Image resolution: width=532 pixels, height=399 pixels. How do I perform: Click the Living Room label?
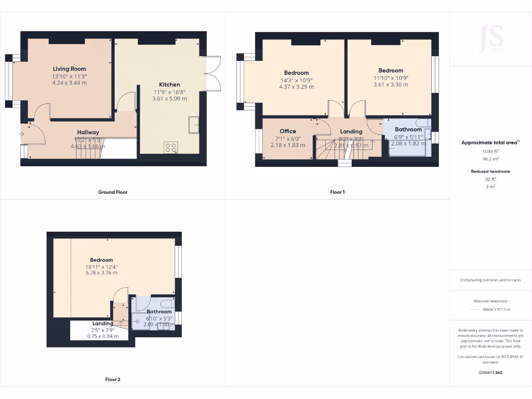point(69,69)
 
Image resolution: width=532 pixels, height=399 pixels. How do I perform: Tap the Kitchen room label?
point(169,84)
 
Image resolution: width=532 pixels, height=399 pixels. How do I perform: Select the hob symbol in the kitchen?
point(170,148)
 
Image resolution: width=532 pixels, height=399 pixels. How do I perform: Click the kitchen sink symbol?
point(194,125)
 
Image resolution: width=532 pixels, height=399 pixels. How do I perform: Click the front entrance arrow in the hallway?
point(21,134)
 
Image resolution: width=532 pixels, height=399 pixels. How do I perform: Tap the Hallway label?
point(88,132)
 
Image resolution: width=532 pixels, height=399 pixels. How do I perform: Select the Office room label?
point(288,131)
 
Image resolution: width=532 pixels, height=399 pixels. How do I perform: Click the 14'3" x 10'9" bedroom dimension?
point(296,80)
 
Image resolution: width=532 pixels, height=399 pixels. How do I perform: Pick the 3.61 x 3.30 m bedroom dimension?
point(391,85)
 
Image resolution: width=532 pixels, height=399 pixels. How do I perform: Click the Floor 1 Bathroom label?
point(408,129)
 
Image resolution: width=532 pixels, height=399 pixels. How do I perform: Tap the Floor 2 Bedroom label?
point(101,260)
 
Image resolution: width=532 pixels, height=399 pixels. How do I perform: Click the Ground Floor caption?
point(113,192)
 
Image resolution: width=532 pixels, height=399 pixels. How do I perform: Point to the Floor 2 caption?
point(113,380)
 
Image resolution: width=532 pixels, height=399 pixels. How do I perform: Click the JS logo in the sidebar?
point(490,38)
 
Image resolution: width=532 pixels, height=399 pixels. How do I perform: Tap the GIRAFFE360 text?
point(490,373)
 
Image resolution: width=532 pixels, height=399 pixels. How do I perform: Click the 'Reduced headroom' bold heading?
point(490,171)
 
